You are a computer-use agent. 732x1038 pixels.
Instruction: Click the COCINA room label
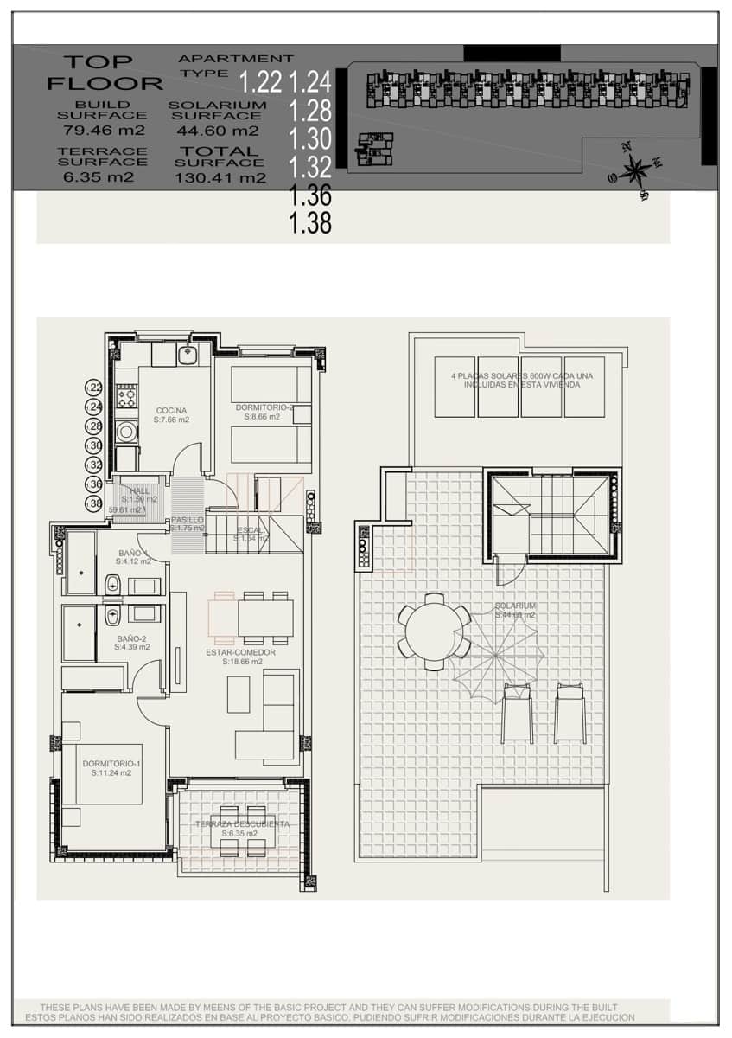click(x=171, y=411)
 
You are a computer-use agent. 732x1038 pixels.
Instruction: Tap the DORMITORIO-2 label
click(x=264, y=407)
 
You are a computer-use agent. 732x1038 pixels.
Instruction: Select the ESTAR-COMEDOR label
click(x=240, y=652)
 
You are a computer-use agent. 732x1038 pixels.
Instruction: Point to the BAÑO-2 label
click(x=133, y=640)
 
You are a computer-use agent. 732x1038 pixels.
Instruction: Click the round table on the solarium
click(x=434, y=631)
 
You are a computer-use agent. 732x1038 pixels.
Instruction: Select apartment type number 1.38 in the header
click(x=310, y=224)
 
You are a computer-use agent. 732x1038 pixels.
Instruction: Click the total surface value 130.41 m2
click(x=220, y=178)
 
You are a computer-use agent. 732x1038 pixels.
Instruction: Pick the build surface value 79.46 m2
click(x=104, y=131)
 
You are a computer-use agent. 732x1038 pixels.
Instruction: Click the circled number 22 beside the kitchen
click(x=94, y=388)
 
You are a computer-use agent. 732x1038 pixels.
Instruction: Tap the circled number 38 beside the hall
click(x=94, y=503)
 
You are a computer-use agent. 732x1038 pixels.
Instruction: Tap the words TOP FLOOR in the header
click(x=104, y=73)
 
